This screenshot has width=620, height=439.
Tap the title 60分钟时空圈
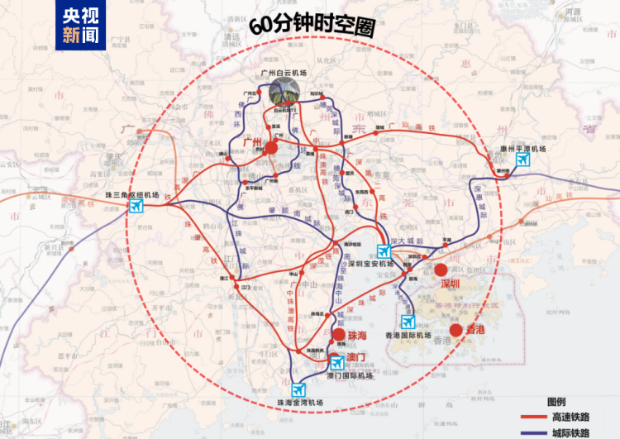pos(317,24)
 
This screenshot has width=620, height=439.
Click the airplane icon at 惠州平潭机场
pos(522,160)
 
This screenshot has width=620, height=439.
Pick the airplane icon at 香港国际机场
pos(407,322)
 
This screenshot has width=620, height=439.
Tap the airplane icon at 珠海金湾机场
pos(298,390)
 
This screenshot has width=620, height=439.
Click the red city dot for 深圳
pos(441,270)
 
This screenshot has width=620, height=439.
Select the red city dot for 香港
pos(456,330)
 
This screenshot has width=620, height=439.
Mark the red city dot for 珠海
pos(338,335)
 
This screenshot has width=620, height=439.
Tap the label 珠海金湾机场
pos(299,403)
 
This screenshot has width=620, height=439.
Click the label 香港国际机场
pos(408,336)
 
